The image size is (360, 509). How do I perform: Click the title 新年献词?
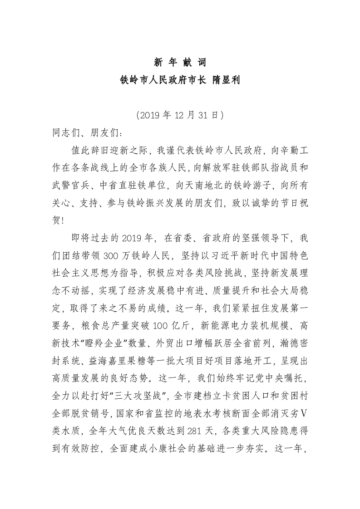pos(180,63)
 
